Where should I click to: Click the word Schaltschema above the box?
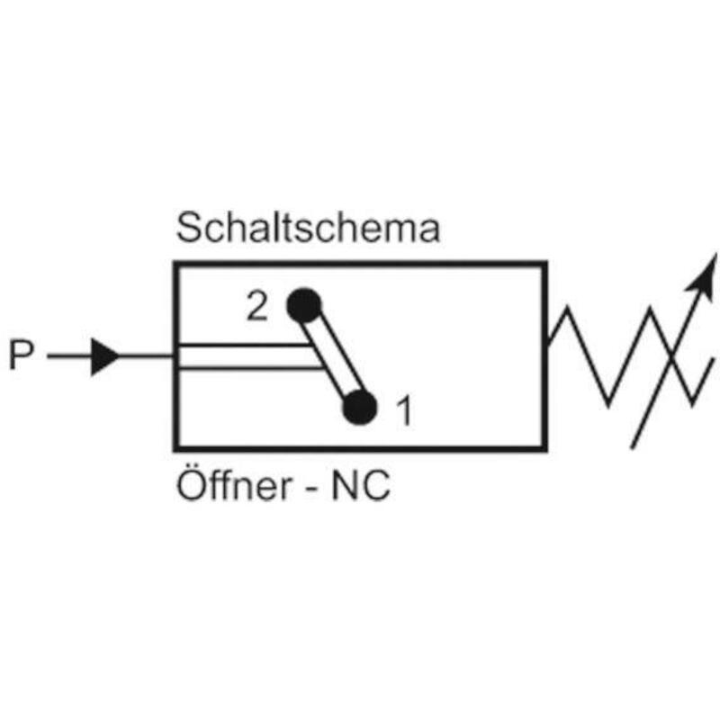(308, 228)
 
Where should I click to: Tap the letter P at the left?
(22, 355)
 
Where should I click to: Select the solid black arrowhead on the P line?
(104, 356)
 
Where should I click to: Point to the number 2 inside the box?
(257, 306)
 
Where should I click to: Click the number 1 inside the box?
(404, 410)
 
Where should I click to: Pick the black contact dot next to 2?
(304, 305)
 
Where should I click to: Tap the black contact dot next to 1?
(360, 408)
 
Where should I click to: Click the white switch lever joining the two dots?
(332, 355)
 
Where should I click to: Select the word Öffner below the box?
(234, 484)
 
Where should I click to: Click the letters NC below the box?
(361, 486)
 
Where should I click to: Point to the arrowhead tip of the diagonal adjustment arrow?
(715, 254)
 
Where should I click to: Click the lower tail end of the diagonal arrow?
(633, 447)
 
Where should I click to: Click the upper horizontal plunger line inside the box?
(243, 345)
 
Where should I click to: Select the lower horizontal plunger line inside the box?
(249, 367)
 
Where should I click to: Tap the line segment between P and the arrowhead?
(69, 355)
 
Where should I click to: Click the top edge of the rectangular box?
(360, 265)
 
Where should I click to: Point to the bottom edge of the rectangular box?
(360, 447)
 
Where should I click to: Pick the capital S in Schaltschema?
(188, 228)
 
